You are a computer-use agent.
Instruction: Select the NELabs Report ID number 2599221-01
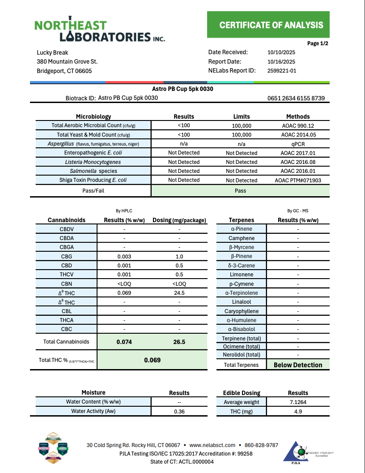[x=282, y=71]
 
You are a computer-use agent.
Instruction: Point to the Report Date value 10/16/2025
[x=281, y=62]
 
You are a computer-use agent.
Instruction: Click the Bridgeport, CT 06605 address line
[x=64, y=71]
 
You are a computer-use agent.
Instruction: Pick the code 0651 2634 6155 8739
[x=296, y=99]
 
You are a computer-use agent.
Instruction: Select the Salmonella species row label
[x=93, y=171]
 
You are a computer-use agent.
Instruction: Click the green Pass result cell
[x=240, y=191]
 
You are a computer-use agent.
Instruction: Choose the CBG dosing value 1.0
[x=179, y=257]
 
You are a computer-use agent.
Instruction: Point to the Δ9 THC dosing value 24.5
[x=179, y=293]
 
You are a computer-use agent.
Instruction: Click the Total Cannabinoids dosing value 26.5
[x=179, y=342]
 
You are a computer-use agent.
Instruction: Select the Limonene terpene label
[x=242, y=275]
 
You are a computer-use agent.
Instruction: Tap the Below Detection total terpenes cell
[x=298, y=365]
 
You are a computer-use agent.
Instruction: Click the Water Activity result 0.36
[x=179, y=412]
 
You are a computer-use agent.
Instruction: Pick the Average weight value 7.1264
[x=298, y=402]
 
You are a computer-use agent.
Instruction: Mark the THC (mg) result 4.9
[x=298, y=412]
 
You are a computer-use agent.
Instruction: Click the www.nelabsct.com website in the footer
[x=212, y=445]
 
